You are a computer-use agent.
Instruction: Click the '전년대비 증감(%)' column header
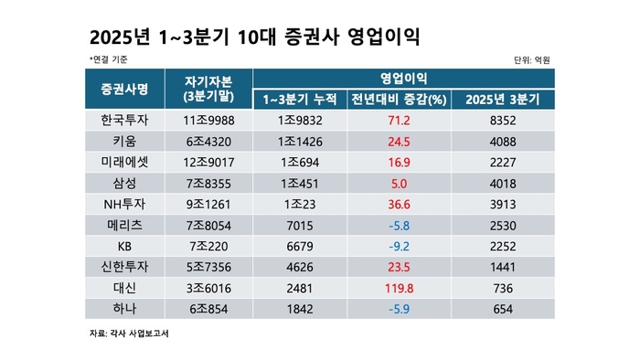tap(399, 99)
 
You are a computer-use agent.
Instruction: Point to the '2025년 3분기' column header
tap(503, 99)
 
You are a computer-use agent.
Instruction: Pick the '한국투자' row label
tap(124, 120)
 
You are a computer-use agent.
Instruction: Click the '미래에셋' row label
tap(124, 163)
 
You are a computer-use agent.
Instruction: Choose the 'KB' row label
tap(124, 247)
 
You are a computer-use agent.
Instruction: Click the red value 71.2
tap(399, 120)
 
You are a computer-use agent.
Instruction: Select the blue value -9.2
tap(399, 247)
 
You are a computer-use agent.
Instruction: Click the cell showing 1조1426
tap(299, 142)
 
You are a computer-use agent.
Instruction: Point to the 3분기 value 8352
tap(503, 120)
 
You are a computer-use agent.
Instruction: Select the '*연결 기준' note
tap(109, 59)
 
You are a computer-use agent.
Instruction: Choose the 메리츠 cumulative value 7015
tap(299, 226)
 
